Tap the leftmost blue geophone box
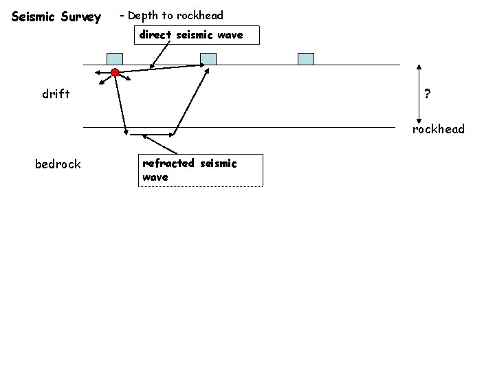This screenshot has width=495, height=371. (x=115, y=58)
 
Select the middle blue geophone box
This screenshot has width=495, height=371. (x=208, y=58)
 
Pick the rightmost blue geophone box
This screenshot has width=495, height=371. (x=305, y=58)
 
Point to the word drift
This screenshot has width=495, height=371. (x=56, y=95)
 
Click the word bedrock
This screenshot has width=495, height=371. (x=58, y=164)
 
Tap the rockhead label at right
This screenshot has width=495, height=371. (x=439, y=129)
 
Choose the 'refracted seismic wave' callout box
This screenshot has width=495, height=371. (x=200, y=170)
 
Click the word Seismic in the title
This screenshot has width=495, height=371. (x=35, y=16)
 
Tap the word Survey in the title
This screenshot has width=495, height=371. (x=82, y=16)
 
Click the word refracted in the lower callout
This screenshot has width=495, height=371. (x=168, y=164)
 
